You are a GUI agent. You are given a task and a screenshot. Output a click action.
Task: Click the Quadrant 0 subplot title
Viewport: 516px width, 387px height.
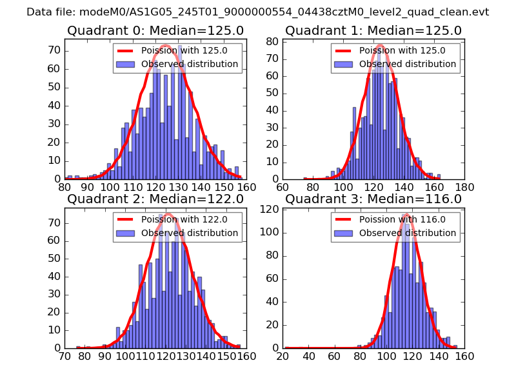(155, 30)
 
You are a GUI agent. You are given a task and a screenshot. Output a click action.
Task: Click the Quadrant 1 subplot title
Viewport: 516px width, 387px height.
(373, 30)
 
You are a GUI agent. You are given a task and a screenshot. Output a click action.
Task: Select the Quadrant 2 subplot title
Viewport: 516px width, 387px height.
(155, 199)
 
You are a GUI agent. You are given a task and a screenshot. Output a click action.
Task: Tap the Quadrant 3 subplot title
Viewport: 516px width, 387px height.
(373, 199)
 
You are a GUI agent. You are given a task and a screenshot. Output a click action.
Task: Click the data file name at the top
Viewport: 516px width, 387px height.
(258, 12)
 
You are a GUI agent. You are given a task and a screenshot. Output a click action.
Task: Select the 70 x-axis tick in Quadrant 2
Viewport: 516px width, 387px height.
(64, 355)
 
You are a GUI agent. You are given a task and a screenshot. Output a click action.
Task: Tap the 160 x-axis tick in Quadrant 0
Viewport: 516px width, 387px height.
(246, 187)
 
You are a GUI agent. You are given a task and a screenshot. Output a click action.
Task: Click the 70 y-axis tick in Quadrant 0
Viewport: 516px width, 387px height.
(55, 50)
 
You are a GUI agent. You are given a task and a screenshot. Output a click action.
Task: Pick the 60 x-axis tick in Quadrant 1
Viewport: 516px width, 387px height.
(283, 187)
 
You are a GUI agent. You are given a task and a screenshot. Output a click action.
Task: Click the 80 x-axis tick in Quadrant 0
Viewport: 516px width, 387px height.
(64, 187)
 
